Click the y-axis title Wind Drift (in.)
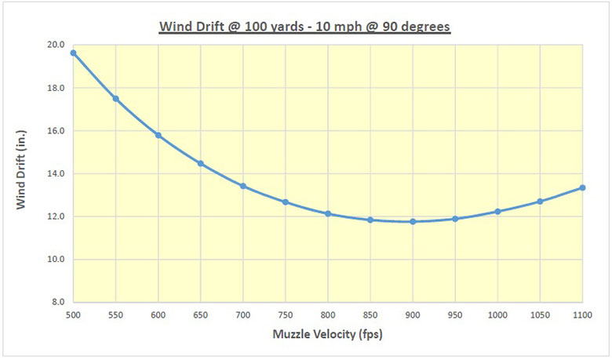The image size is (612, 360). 24,173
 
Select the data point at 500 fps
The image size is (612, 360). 73,53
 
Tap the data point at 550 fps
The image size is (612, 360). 115,98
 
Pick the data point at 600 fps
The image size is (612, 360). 158,135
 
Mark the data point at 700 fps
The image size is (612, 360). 243,186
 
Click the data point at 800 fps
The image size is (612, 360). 328,213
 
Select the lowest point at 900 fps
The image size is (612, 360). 413,221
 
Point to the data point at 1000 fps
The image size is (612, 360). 497,212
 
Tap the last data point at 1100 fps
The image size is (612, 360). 582,187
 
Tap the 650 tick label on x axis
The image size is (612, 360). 200,315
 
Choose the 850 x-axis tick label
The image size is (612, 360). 370,315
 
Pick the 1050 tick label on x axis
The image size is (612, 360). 540,315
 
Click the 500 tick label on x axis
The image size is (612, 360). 73,315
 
